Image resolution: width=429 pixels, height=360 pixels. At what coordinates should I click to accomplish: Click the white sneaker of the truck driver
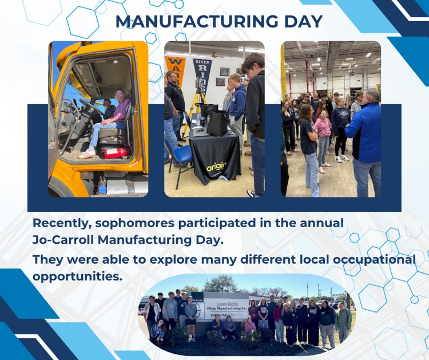tap(86, 155)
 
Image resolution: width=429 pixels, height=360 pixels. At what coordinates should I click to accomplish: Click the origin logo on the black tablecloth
tap(216, 166)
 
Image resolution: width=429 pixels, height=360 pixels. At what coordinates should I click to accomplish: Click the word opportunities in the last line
tap(77, 276)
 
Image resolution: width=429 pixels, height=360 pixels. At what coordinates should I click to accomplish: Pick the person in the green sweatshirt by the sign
tap(344, 321)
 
